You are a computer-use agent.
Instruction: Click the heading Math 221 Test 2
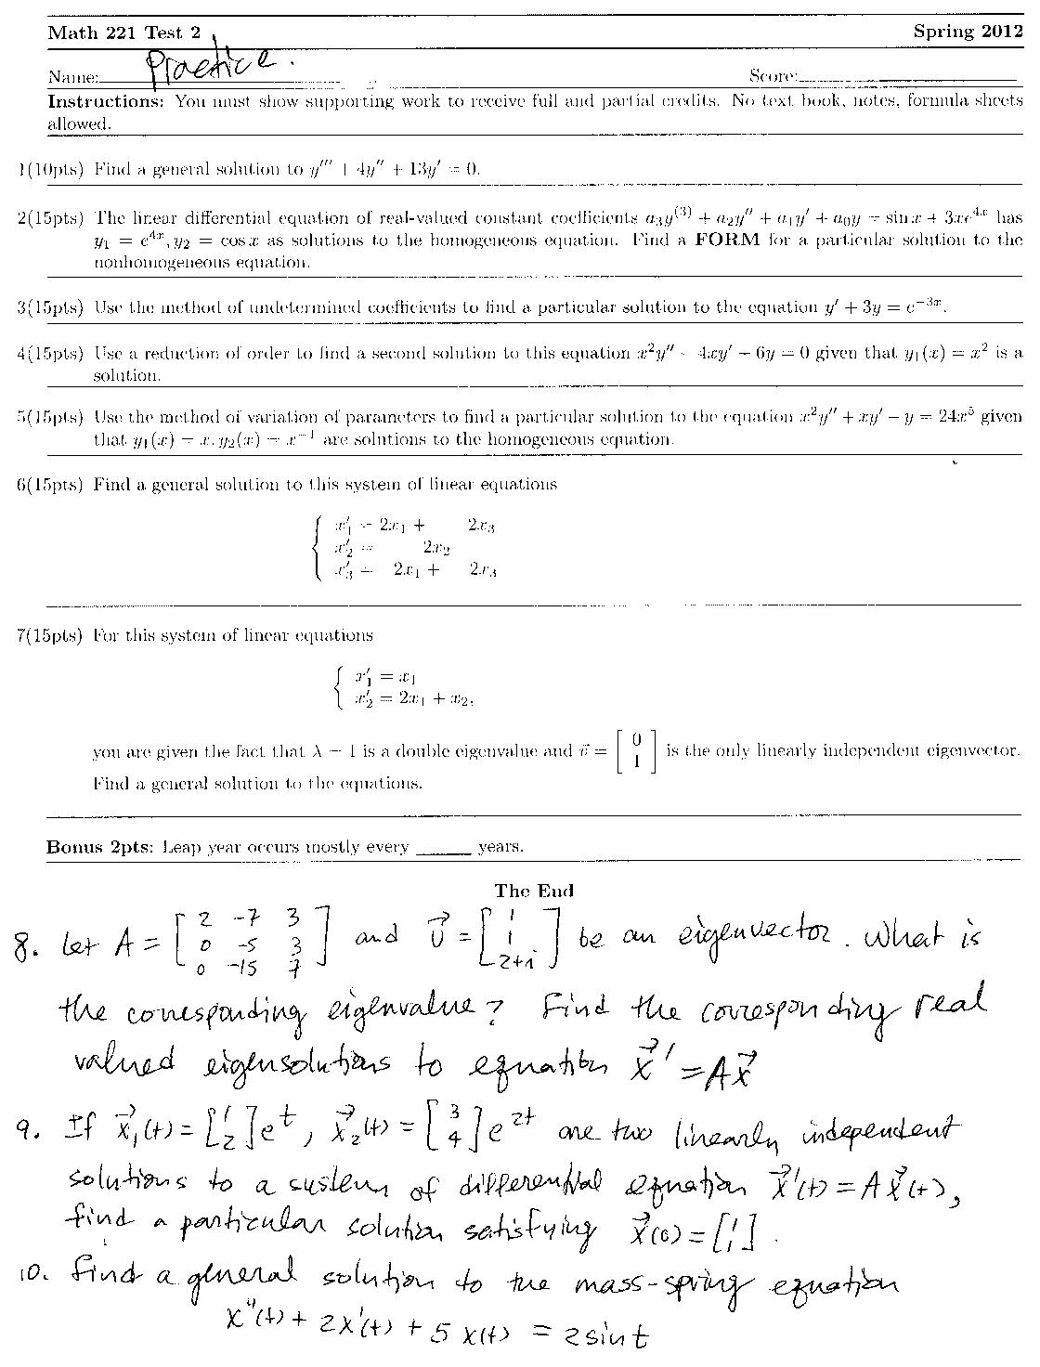point(123,33)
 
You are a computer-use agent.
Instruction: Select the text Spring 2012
point(968,32)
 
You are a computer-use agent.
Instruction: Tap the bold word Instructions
point(105,101)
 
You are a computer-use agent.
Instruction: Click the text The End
point(534,891)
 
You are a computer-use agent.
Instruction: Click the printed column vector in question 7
point(636,751)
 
